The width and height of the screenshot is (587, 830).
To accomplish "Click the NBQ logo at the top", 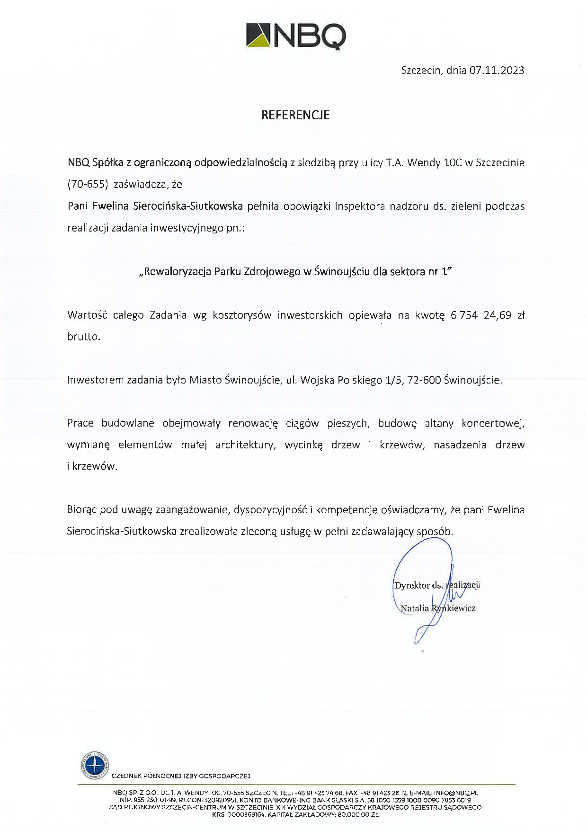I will [x=296, y=35].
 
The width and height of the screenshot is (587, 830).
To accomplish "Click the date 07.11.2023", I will [x=497, y=71].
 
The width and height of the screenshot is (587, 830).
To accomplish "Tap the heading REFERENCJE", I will [x=295, y=115].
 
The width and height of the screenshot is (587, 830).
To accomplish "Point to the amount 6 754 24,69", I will [x=481, y=315].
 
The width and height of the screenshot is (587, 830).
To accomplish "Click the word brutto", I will [x=83, y=337].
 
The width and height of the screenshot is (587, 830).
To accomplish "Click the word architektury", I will [x=245, y=445].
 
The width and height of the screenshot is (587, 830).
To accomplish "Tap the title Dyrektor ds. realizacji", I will [x=437, y=585].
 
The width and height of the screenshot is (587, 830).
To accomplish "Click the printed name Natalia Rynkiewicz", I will [x=438, y=608].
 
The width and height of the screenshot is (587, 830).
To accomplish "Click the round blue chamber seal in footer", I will [x=93, y=765].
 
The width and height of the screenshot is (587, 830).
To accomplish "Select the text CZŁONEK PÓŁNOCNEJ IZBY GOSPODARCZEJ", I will [x=181, y=776].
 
